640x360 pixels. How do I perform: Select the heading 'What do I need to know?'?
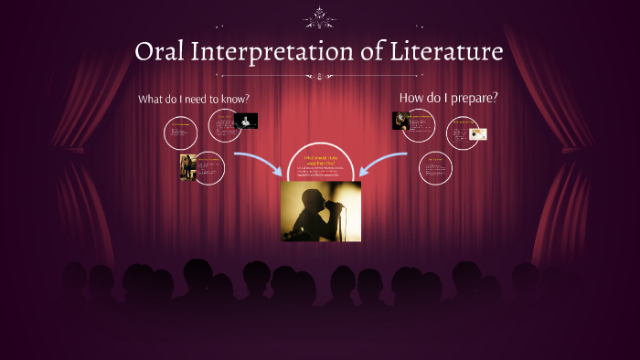point(194,99)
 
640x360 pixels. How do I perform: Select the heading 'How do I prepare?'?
point(448,97)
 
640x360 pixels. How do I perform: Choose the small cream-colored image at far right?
point(478,134)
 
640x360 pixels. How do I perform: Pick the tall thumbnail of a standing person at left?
point(187,167)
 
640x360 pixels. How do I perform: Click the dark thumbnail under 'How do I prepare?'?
point(400,121)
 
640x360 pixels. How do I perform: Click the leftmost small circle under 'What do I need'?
point(181,133)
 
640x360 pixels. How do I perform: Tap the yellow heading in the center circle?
point(320,161)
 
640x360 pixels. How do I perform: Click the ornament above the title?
point(319,16)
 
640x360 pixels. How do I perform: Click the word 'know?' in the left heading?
point(233,99)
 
